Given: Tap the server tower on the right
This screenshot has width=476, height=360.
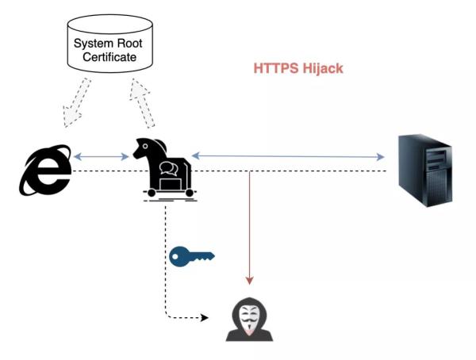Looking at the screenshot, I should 425,170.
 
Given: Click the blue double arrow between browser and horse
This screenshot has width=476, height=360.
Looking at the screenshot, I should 101,157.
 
